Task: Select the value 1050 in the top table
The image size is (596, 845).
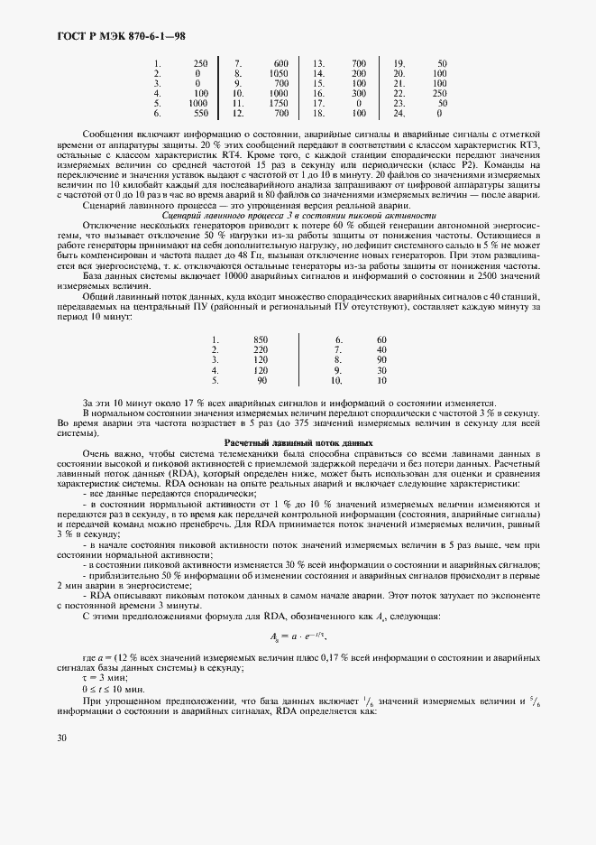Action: tap(278, 73)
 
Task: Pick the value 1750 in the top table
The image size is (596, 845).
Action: tap(278, 104)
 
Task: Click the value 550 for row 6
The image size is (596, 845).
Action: tap(200, 114)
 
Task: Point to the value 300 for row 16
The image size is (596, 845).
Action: tap(358, 94)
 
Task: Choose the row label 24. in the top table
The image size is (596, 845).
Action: tap(399, 114)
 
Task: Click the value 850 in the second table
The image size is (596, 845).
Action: tap(261, 340)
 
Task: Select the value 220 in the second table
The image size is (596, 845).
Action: tap(261, 350)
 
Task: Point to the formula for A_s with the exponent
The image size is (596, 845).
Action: tap(298, 636)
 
